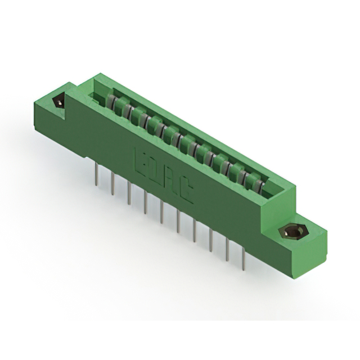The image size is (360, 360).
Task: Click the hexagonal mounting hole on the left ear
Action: click(58, 102)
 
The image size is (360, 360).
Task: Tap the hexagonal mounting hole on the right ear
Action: click(291, 231)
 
